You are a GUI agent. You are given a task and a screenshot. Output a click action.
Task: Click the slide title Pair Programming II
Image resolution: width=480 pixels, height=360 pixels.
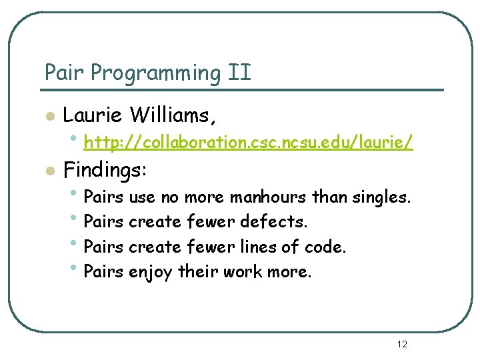click(147, 73)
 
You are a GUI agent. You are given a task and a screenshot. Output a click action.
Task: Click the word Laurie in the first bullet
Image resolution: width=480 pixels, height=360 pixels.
click(92, 115)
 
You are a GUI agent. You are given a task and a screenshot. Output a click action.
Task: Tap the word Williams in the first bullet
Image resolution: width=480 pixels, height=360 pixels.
click(173, 115)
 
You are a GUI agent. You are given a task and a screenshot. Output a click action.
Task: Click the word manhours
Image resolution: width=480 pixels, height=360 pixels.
click(269, 197)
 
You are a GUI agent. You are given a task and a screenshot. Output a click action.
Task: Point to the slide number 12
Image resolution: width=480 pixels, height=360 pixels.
click(401, 344)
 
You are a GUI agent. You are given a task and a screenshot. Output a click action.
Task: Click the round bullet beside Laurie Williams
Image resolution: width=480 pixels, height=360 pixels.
click(48, 117)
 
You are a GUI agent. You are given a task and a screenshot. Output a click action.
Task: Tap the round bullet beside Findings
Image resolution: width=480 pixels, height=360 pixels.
click(48, 171)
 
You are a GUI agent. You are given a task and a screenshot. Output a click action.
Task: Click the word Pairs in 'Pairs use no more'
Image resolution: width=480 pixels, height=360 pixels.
click(103, 197)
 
